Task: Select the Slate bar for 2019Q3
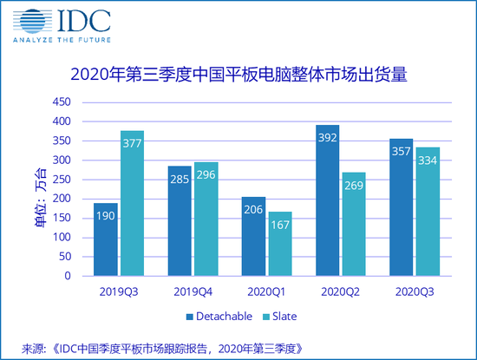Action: pyautogui.click(x=132, y=203)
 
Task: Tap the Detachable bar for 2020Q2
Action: pyautogui.click(x=328, y=200)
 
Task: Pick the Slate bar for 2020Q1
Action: pyautogui.click(x=279, y=244)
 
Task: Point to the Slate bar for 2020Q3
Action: pyautogui.click(x=428, y=212)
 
